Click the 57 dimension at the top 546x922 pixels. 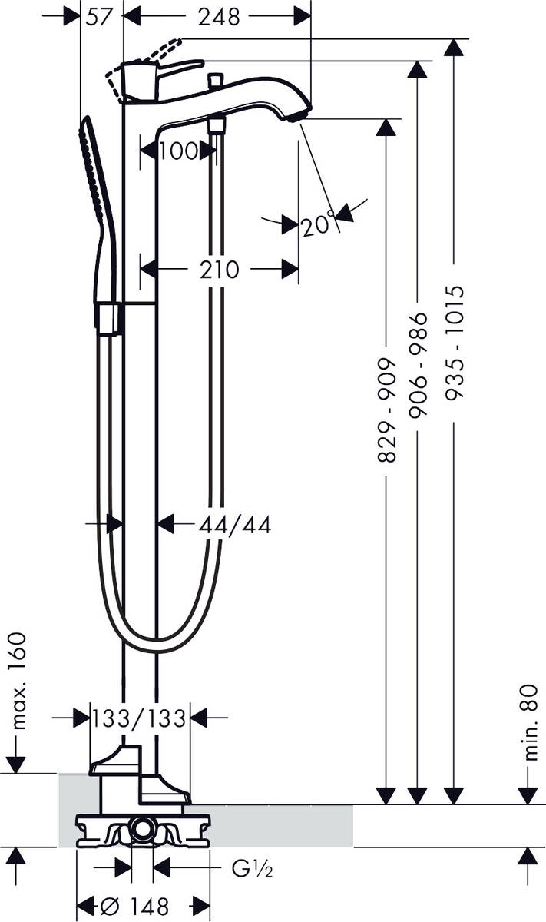[101, 16]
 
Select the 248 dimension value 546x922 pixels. [219, 16]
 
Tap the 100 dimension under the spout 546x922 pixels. [178, 151]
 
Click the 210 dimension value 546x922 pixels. [219, 270]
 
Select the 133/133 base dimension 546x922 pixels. [139, 718]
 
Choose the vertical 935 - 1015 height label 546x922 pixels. [455, 343]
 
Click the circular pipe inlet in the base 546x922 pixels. [141, 828]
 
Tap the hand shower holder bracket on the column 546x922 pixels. [109, 318]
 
